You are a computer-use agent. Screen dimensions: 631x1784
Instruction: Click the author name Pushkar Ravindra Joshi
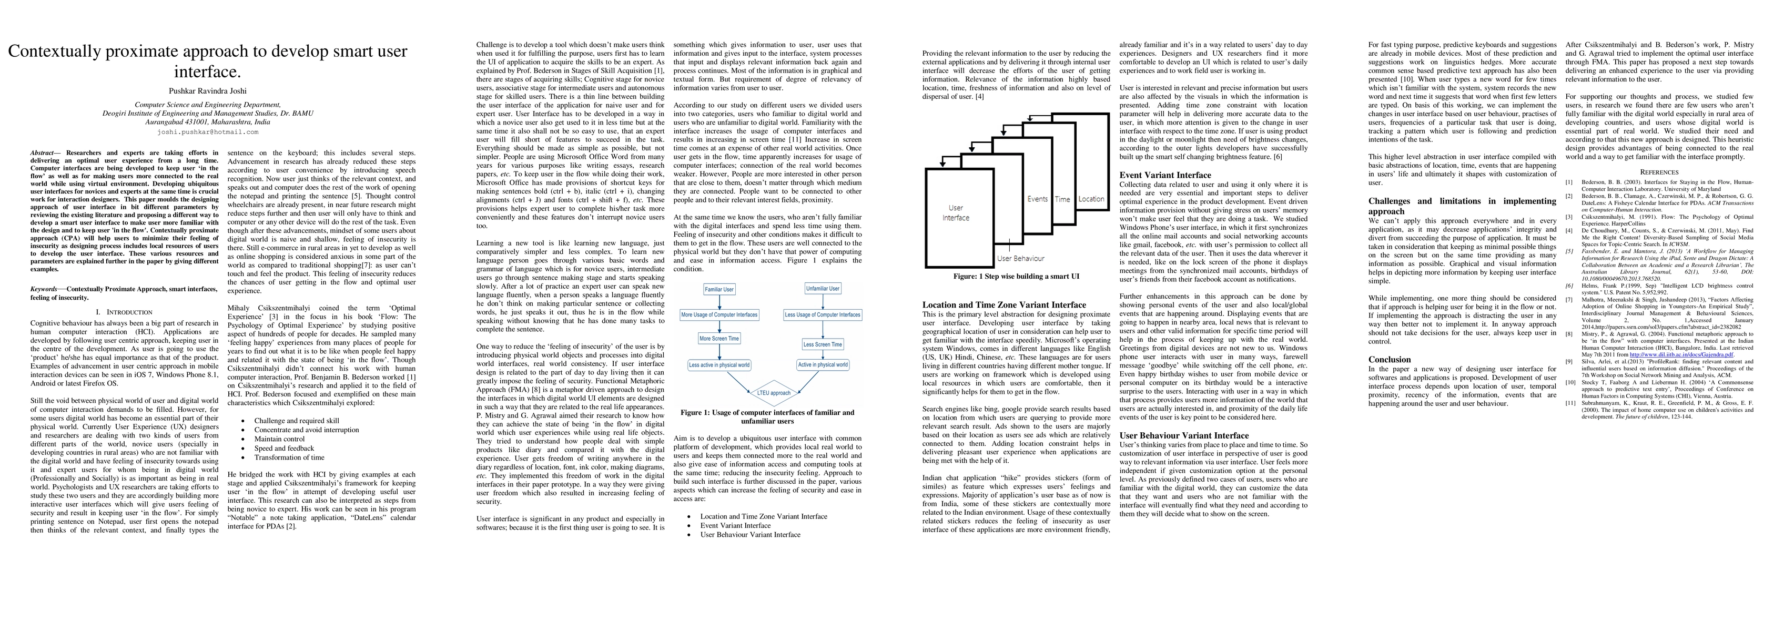[x=207, y=91]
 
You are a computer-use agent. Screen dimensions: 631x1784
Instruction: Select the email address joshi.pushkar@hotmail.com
[x=207, y=131]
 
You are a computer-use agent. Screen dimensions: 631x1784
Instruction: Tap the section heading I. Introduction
[x=124, y=312]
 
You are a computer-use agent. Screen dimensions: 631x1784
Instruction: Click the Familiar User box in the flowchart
[x=719, y=289]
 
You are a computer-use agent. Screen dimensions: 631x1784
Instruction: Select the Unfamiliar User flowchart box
[x=822, y=288]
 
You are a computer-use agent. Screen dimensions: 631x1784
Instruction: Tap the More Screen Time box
[x=719, y=339]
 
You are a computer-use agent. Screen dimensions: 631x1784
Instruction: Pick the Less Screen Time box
[x=822, y=344]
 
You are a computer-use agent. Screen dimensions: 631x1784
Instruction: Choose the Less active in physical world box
[x=719, y=364]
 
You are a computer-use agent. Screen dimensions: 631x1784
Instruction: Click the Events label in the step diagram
[x=1037, y=199]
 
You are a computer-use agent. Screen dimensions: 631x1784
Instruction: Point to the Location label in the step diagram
[x=1091, y=199]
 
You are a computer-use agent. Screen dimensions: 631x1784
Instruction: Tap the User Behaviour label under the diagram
[x=1020, y=258]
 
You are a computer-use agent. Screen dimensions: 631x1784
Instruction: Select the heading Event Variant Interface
[x=1165, y=175]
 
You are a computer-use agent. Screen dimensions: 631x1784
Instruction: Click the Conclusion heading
[x=1389, y=360]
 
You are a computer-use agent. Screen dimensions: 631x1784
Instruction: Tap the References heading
[x=1659, y=172]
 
